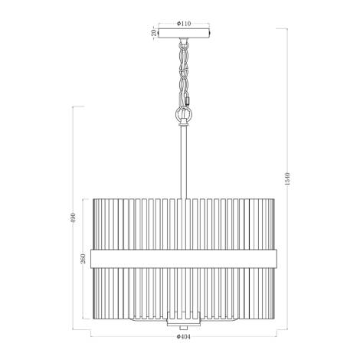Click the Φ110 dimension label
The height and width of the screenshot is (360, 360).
coord(184,24)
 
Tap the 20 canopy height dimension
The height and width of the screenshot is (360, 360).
coord(154,33)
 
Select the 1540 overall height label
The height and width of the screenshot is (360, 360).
coord(287,178)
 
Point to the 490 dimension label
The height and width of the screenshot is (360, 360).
coord(73,218)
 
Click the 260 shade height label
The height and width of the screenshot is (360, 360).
coord(83,259)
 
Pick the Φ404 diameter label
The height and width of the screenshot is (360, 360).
coord(184,337)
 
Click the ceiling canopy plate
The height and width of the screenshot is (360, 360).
coord(184,34)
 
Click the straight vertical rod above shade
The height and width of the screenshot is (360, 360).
coord(184,162)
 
